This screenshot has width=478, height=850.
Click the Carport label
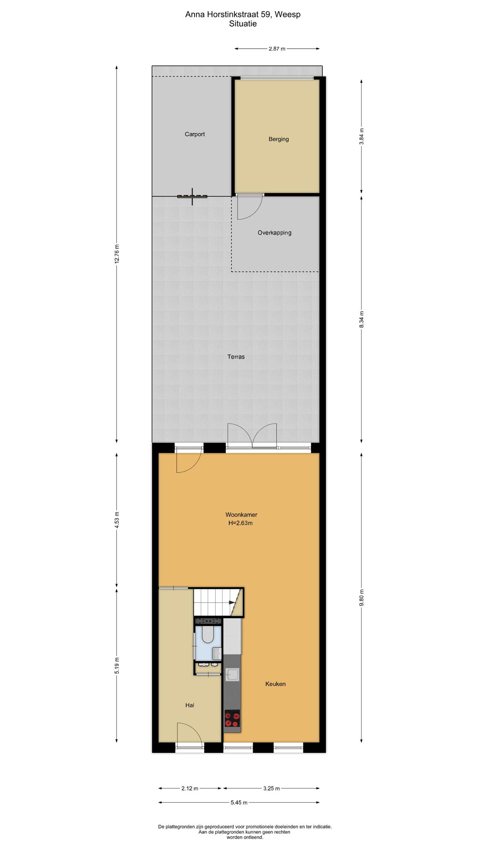(x=195, y=134)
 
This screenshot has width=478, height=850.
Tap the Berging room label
(x=278, y=139)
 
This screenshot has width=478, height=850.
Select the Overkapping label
(x=274, y=233)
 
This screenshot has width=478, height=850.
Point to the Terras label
(x=236, y=357)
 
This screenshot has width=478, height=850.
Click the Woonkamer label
(x=241, y=515)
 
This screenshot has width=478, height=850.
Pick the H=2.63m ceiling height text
(x=240, y=523)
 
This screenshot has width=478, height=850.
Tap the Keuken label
(x=276, y=684)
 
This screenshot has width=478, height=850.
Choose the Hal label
(x=190, y=705)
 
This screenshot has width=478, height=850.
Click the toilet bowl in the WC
(x=207, y=634)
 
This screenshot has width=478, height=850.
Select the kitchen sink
(x=232, y=675)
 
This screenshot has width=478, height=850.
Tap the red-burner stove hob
(x=232, y=719)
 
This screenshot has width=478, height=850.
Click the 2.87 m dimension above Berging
(x=277, y=49)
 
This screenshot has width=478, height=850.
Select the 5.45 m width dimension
(x=239, y=803)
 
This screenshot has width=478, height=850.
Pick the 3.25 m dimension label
(x=271, y=788)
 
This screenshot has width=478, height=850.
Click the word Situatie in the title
(x=243, y=24)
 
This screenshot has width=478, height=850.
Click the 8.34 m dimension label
(x=361, y=320)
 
